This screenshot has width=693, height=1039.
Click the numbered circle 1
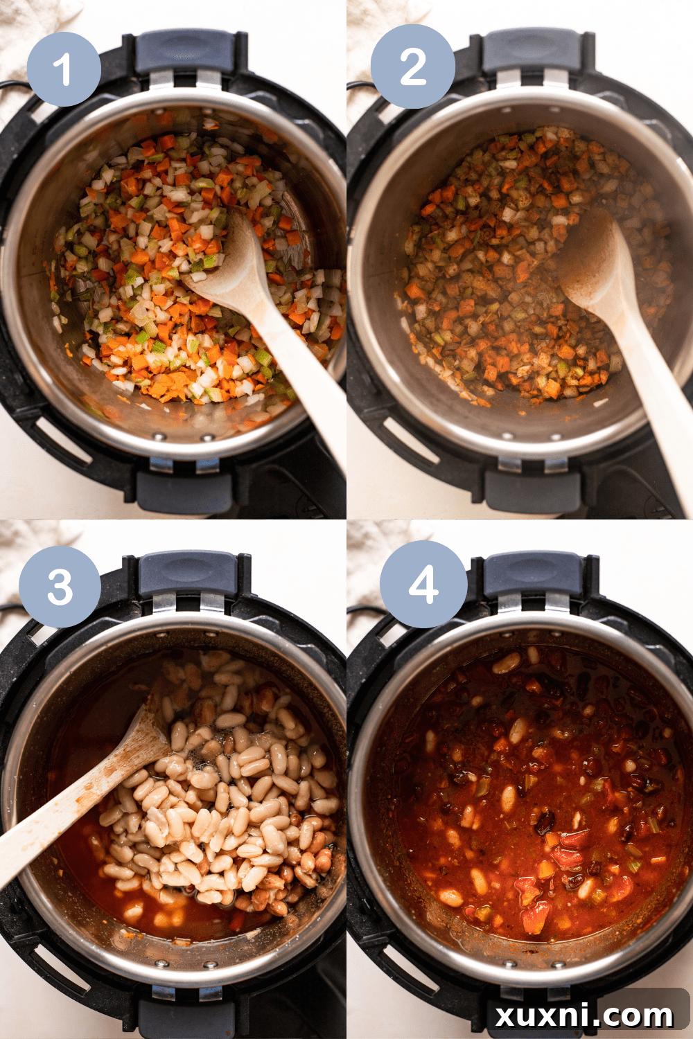64,69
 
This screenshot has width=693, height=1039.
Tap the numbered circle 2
413,66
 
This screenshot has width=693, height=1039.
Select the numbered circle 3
60,587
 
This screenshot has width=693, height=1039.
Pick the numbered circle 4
423,584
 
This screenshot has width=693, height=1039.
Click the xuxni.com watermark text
584,1015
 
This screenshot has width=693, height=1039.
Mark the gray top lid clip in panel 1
184,52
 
